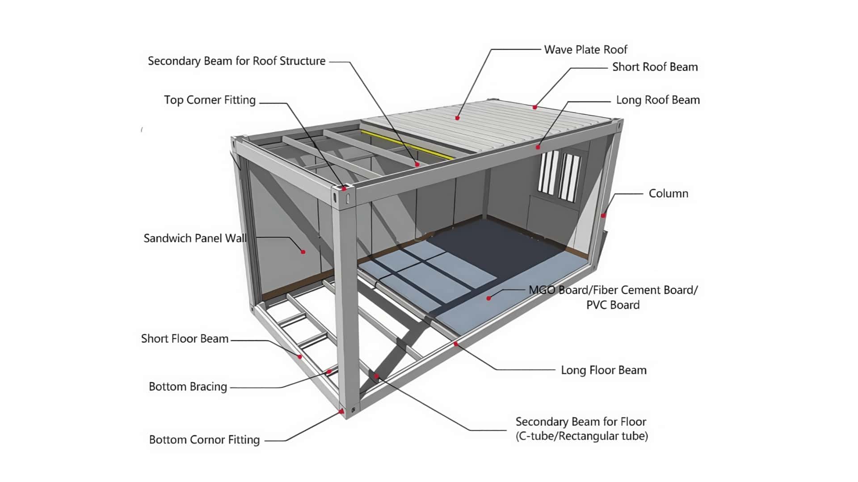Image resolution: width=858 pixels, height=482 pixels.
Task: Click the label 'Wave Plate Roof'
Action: (x=585, y=50)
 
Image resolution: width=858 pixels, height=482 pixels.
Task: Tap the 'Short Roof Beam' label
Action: (x=655, y=67)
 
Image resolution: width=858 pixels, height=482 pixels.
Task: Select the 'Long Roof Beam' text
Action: (x=658, y=100)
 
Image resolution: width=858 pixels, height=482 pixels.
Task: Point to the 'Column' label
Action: (x=668, y=194)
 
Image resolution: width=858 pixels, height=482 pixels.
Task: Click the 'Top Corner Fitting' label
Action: (x=210, y=100)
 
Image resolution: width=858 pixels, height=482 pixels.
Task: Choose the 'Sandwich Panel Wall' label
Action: (x=195, y=238)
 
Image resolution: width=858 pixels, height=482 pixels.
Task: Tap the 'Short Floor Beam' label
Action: (x=185, y=339)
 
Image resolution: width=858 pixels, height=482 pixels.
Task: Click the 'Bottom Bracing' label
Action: (x=188, y=386)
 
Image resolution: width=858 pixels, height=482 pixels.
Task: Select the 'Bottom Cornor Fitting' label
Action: (x=204, y=440)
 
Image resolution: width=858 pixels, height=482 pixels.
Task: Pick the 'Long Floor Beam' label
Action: (x=604, y=370)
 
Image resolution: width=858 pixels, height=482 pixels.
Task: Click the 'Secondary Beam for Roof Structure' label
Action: (x=236, y=61)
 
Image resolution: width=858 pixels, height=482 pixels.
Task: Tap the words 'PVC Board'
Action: (x=613, y=305)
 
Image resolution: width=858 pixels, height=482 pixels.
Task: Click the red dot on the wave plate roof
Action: (x=458, y=118)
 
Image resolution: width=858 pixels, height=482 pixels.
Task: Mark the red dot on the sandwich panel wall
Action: (x=303, y=252)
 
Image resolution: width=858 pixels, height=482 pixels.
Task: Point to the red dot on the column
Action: (x=603, y=216)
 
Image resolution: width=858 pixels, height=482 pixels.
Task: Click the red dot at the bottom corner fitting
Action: (x=342, y=411)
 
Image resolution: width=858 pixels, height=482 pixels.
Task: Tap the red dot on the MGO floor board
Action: (x=489, y=298)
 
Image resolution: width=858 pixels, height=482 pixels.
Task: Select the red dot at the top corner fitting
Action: (x=344, y=189)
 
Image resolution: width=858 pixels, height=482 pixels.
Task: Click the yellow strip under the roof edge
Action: (x=407, y=145)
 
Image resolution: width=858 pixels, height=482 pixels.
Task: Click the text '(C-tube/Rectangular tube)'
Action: (x=581, y=436)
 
